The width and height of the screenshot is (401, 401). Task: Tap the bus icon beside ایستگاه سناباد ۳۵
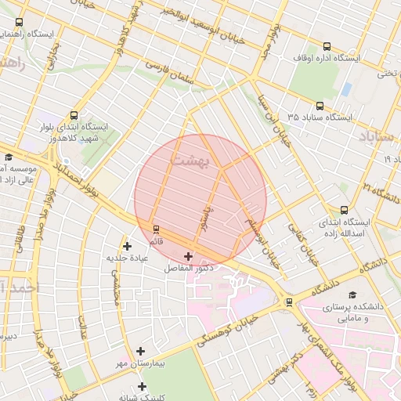coord(319,106)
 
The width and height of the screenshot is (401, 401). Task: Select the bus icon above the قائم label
coord(156,229)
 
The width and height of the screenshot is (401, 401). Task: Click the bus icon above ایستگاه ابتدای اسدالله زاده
coord(344,210)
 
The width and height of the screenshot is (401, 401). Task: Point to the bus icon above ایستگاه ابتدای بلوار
coord(74,115)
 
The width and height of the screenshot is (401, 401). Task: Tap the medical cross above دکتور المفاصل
coord(188,256)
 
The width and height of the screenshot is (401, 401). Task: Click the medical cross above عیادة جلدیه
coord(127,246)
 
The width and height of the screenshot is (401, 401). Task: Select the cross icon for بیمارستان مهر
coord(140,352)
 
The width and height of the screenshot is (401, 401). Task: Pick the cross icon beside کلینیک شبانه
coord(142,386)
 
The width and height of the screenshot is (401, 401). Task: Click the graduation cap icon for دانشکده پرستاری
coord(352,294)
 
